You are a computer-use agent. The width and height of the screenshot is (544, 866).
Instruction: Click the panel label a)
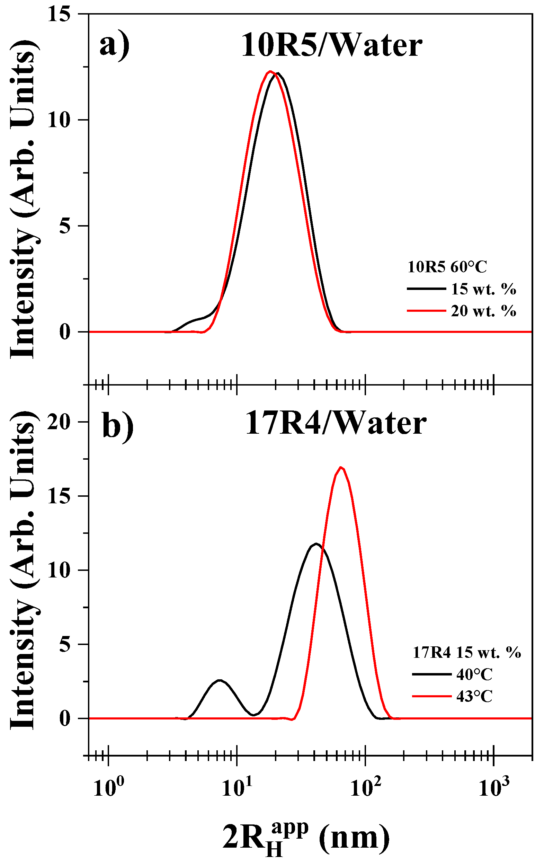pyautogui.click(x=114, y=46)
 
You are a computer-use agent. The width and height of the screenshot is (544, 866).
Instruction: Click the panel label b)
pyautogui.click(x=118, y=425)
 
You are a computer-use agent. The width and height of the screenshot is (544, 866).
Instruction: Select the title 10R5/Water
pyautogui.click(x=331, y=46)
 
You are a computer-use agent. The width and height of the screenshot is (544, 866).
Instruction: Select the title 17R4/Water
pyautogui.click(x=336, y=424)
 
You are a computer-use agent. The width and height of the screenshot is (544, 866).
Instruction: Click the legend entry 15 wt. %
pyautogui.click(x=483, y=289)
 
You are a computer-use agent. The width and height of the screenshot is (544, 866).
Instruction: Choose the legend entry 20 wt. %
pyautogui.click(x=483, y=311)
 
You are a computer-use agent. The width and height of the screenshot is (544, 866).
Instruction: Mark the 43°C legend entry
pyautogui.click(x=474, y=697)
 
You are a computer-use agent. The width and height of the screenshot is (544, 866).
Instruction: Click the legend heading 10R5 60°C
pyautogui.click(x=447, y=267)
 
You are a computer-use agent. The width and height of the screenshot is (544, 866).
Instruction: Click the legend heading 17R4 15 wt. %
pyautogui.click(x=466, y=652)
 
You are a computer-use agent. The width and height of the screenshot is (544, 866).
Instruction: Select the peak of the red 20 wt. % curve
pyautogui.click(x=270, y=72)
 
